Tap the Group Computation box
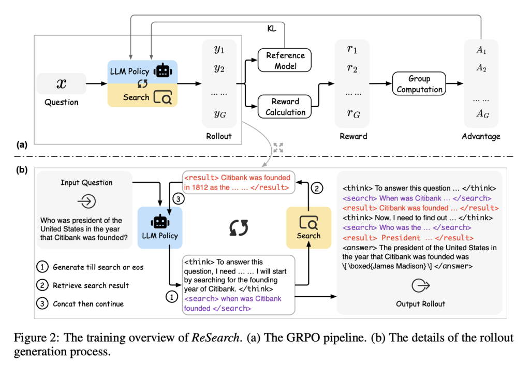(419, 84)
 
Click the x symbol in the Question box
(61, 83)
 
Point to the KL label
(272, 29)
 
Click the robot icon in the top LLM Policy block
(164, 70)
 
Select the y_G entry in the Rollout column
(219, 114)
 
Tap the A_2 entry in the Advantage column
(482, 67)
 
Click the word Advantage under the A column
(481, 137)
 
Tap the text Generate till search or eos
(98, 267)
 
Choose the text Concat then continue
(88, 303)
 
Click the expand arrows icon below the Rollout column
(278, 147)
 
